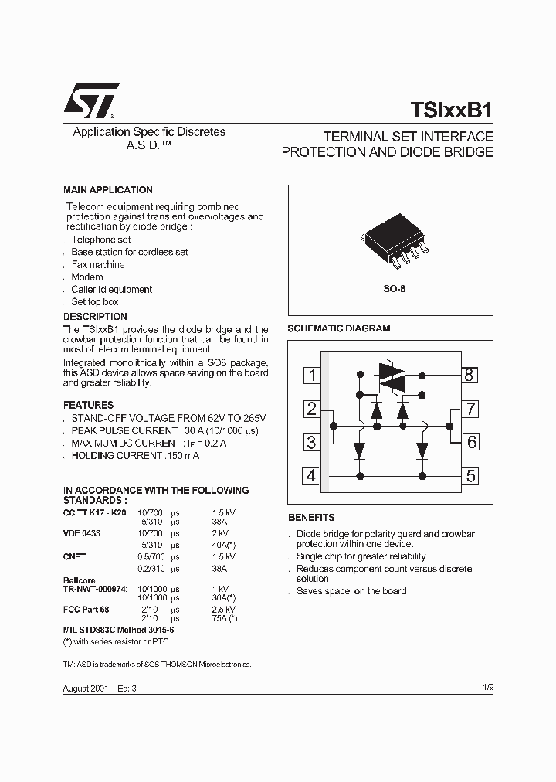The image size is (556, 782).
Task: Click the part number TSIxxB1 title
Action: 447,110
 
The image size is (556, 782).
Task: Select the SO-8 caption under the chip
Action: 394,288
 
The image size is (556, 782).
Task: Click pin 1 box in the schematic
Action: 311,376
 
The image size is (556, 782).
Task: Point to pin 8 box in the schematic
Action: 470,376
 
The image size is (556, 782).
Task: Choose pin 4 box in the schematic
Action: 311,475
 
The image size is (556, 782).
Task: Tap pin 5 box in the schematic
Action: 470,475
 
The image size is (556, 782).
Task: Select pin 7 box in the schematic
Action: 470,409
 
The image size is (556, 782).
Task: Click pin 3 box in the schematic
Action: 311,442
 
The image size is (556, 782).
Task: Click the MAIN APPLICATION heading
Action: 107,190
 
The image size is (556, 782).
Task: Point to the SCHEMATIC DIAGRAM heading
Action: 338,328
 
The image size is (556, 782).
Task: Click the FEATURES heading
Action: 88,405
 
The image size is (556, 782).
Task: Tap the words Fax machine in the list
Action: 98,264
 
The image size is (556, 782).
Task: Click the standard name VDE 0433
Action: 81,533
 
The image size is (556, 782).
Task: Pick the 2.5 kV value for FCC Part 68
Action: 225,610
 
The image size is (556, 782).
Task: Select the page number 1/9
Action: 486,687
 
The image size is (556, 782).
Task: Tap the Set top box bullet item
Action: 95,302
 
